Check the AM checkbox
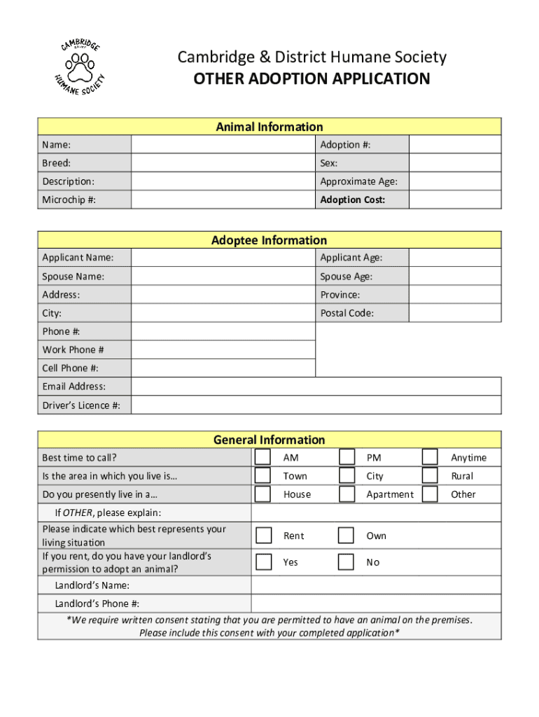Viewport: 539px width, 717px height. coord(263,457)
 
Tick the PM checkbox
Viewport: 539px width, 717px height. coord(346,457)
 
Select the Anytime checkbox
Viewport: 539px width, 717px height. coord(430,457)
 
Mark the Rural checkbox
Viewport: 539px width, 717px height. coord(430,475)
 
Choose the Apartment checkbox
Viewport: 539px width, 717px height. coord(346,494)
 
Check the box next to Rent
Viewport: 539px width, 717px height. coord(264,536)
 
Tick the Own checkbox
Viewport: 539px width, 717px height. coord(346,536)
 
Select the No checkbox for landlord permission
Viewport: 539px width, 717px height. coord(346,562)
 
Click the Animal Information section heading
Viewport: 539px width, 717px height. coord(269,127)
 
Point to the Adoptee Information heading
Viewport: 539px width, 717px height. coord(269,240)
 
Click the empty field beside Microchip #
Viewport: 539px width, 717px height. coord(223,200)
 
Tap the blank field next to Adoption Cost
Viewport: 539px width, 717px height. coord(455,200)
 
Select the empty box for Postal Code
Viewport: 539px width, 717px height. coord(455,313)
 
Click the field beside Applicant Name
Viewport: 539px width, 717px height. coord(223,258)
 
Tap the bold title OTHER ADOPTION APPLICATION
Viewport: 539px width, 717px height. coord(311,78)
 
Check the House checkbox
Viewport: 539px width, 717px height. coord(263,494)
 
